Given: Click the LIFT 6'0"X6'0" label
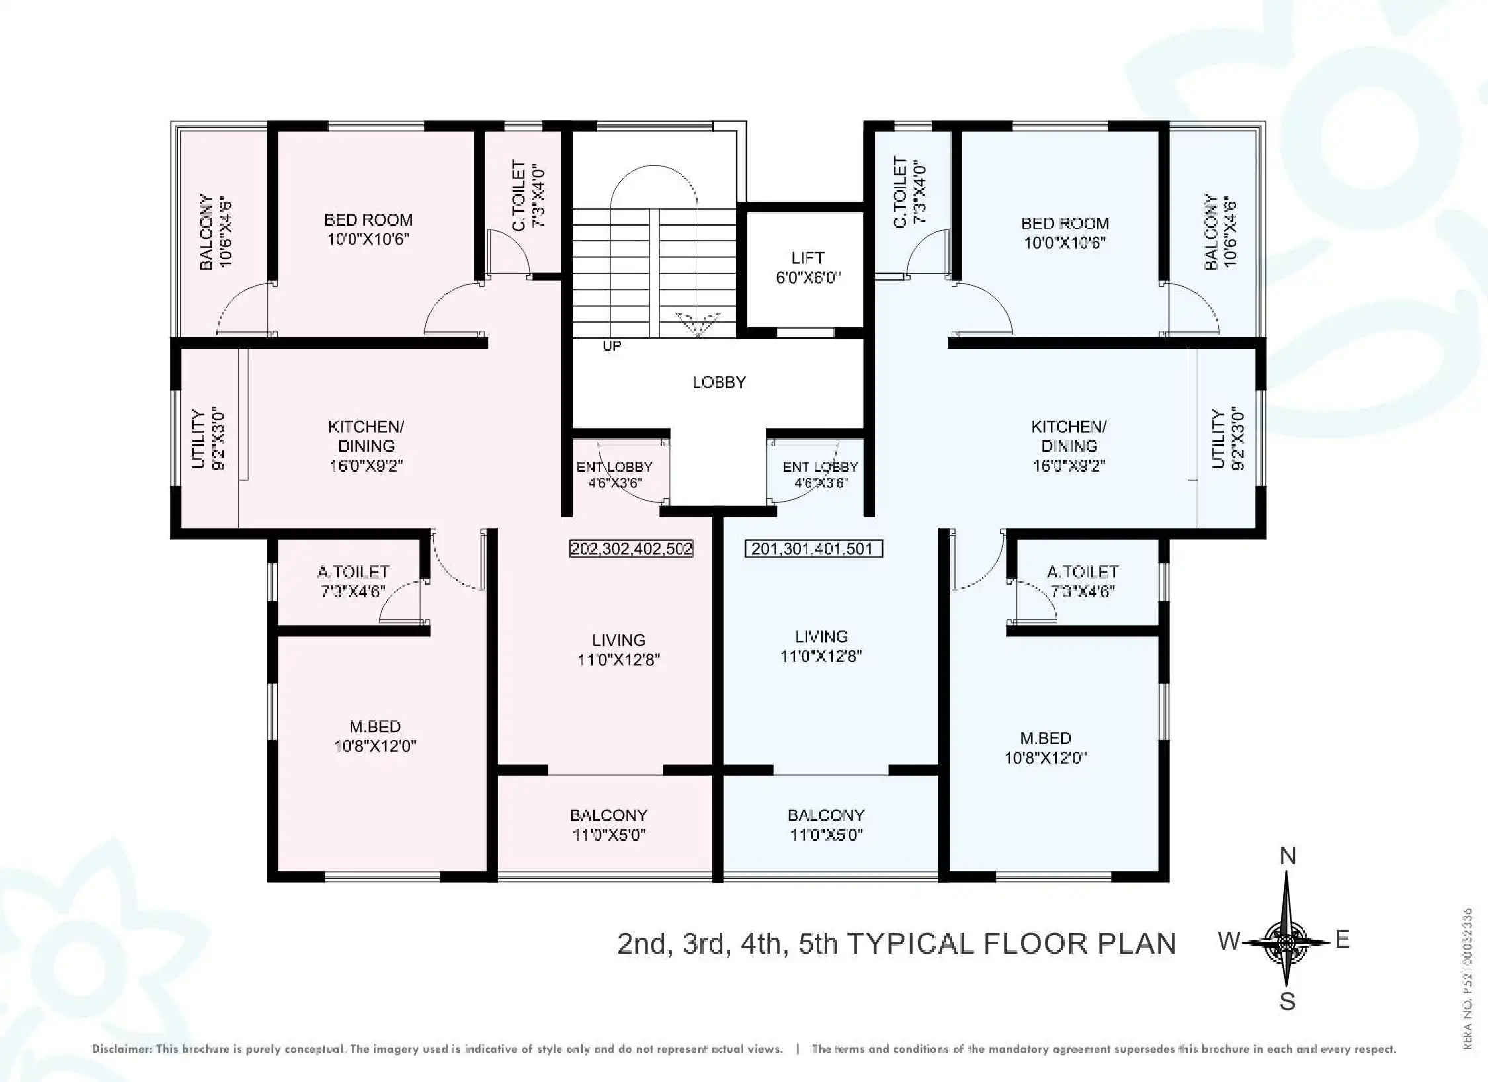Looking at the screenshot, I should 807,267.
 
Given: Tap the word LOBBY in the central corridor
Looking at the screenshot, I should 719,382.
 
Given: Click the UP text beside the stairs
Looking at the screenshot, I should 612,346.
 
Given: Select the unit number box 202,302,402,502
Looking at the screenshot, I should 631,548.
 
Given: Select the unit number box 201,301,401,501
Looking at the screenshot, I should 813,548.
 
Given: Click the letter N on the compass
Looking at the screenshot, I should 1287,856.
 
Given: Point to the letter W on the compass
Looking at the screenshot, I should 1229,940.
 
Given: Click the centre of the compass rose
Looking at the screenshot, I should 1286,942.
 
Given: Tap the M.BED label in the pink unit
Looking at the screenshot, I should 375,736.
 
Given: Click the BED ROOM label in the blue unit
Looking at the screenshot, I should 1064,233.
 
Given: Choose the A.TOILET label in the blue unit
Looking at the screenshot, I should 1083,581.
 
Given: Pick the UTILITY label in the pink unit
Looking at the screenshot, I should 208,439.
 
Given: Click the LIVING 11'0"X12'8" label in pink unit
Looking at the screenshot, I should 618,649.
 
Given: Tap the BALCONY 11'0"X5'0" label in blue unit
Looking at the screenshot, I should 826,824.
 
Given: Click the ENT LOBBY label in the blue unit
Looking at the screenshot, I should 820,474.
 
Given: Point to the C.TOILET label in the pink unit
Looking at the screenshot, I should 528,195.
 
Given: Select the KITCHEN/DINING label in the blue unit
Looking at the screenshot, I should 1068,446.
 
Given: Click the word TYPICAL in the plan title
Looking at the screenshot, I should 911,943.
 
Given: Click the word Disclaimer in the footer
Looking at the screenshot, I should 121,1049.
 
